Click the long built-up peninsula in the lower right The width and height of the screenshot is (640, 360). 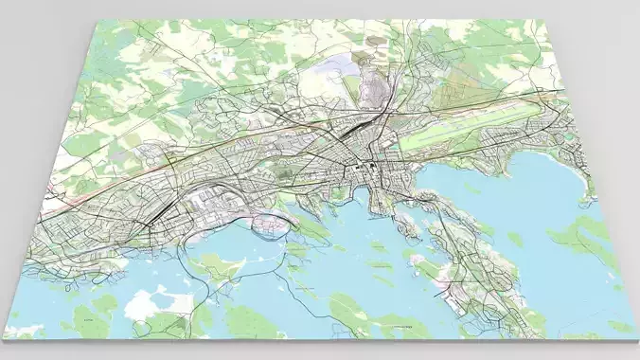pyautogui.click(x=473, y=275)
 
